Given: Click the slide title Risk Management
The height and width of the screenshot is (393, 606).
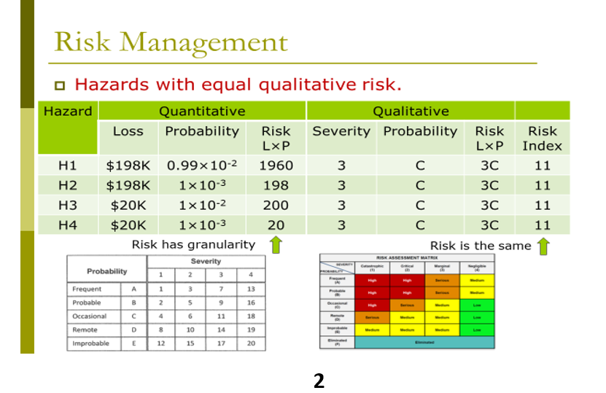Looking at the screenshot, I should (171, 42).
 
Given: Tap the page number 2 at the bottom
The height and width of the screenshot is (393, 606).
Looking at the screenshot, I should (319, 380).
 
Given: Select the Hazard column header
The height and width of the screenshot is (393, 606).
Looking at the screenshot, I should (68, 112).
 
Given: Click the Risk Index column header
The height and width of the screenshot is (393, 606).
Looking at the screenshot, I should (542, 138).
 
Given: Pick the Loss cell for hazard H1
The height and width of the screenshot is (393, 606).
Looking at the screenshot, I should (128, 166).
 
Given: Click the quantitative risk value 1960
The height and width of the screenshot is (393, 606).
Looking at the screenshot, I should (276, 166).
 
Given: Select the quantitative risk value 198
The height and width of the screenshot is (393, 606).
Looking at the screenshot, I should (276, 185).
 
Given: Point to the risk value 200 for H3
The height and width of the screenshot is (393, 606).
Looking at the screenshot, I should (276, 206).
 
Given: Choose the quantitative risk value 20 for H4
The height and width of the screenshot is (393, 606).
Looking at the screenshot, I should (276, 225).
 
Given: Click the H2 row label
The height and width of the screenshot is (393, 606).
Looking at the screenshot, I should (67, 185).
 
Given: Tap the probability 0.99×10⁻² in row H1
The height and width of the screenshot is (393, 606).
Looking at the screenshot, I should (202, 166).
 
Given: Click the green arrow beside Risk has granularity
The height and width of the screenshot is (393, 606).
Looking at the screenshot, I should (276, 245).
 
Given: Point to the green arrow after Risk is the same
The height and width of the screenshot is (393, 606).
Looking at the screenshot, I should (543, 246).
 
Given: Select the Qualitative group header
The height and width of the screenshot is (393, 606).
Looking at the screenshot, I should (411, 112).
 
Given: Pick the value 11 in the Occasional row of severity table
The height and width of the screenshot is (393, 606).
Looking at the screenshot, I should (221, 316).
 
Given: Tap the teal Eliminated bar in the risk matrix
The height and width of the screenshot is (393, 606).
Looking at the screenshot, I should (424, 341).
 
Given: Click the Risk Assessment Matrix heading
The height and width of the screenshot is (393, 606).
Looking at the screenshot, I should (407, 257).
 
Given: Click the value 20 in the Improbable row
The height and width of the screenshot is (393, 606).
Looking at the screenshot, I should (251, 343).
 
